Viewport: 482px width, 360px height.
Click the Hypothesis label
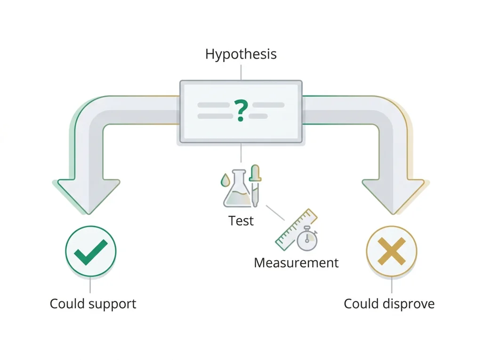pos(241,54)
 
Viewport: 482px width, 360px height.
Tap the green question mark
pos(241,111)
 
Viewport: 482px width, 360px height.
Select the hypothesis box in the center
pos(241,112)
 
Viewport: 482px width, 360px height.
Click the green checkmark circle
pos(91,251)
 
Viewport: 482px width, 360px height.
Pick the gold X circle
pos(392,251)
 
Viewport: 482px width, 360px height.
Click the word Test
pos(241,221)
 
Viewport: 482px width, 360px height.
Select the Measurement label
pos(296,263)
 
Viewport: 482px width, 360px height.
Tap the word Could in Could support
pos(67,304)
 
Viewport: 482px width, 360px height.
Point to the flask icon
pos(237,188)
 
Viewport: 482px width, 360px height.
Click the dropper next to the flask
pos(255,186)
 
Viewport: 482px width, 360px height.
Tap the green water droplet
pos(225,180)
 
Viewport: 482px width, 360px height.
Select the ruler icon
pos(296,229)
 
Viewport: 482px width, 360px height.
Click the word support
pos(112,304)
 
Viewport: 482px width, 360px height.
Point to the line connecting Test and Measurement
pos(275,213)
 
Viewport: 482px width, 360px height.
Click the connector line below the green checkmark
pos(90,285)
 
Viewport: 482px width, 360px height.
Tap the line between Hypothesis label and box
pos(241,72)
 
